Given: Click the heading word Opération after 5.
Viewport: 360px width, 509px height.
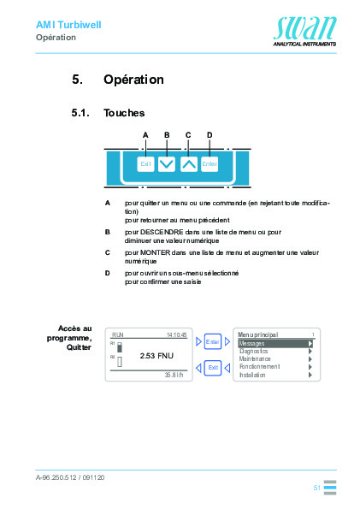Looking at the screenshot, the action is pyautogui.click(x=133, y=80).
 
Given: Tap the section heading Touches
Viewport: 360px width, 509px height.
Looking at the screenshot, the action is pyautogui.click(x=124, y=113).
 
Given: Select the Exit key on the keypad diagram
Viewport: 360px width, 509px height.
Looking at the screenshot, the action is pyautogui.click(x=145, y=164).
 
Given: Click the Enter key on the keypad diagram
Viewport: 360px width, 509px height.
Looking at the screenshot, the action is pyautogui.click(x=210, y=164).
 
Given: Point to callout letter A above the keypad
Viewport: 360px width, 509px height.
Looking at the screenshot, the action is pyautogui.click(x=145, y=135).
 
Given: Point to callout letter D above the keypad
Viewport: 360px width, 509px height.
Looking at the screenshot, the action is pyautogui.click(x=210, y=135).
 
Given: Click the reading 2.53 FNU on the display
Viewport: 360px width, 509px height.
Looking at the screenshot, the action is pyautogui.click(x=156, y=355).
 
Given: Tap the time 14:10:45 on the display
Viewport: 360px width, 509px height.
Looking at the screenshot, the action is pyautogui.click(x=176, y=334).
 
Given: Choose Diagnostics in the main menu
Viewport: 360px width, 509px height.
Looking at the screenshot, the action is pyautogui.click(x=254, y=351).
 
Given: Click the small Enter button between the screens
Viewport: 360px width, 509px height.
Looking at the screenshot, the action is pyautogui.click(x=213, y=342).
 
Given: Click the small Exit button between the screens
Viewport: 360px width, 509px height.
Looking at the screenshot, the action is pyautogui.click(x=213, y=367).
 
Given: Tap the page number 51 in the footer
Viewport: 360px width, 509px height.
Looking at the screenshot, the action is pyautogui.click(x=316, y=487).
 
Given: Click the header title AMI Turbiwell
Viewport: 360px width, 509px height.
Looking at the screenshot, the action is pyautogui.click(x=68, y=25).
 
